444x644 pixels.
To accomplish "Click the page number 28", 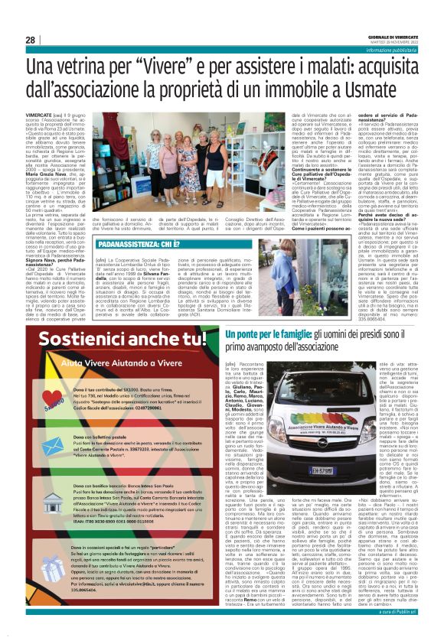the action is (x=31, y=41).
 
